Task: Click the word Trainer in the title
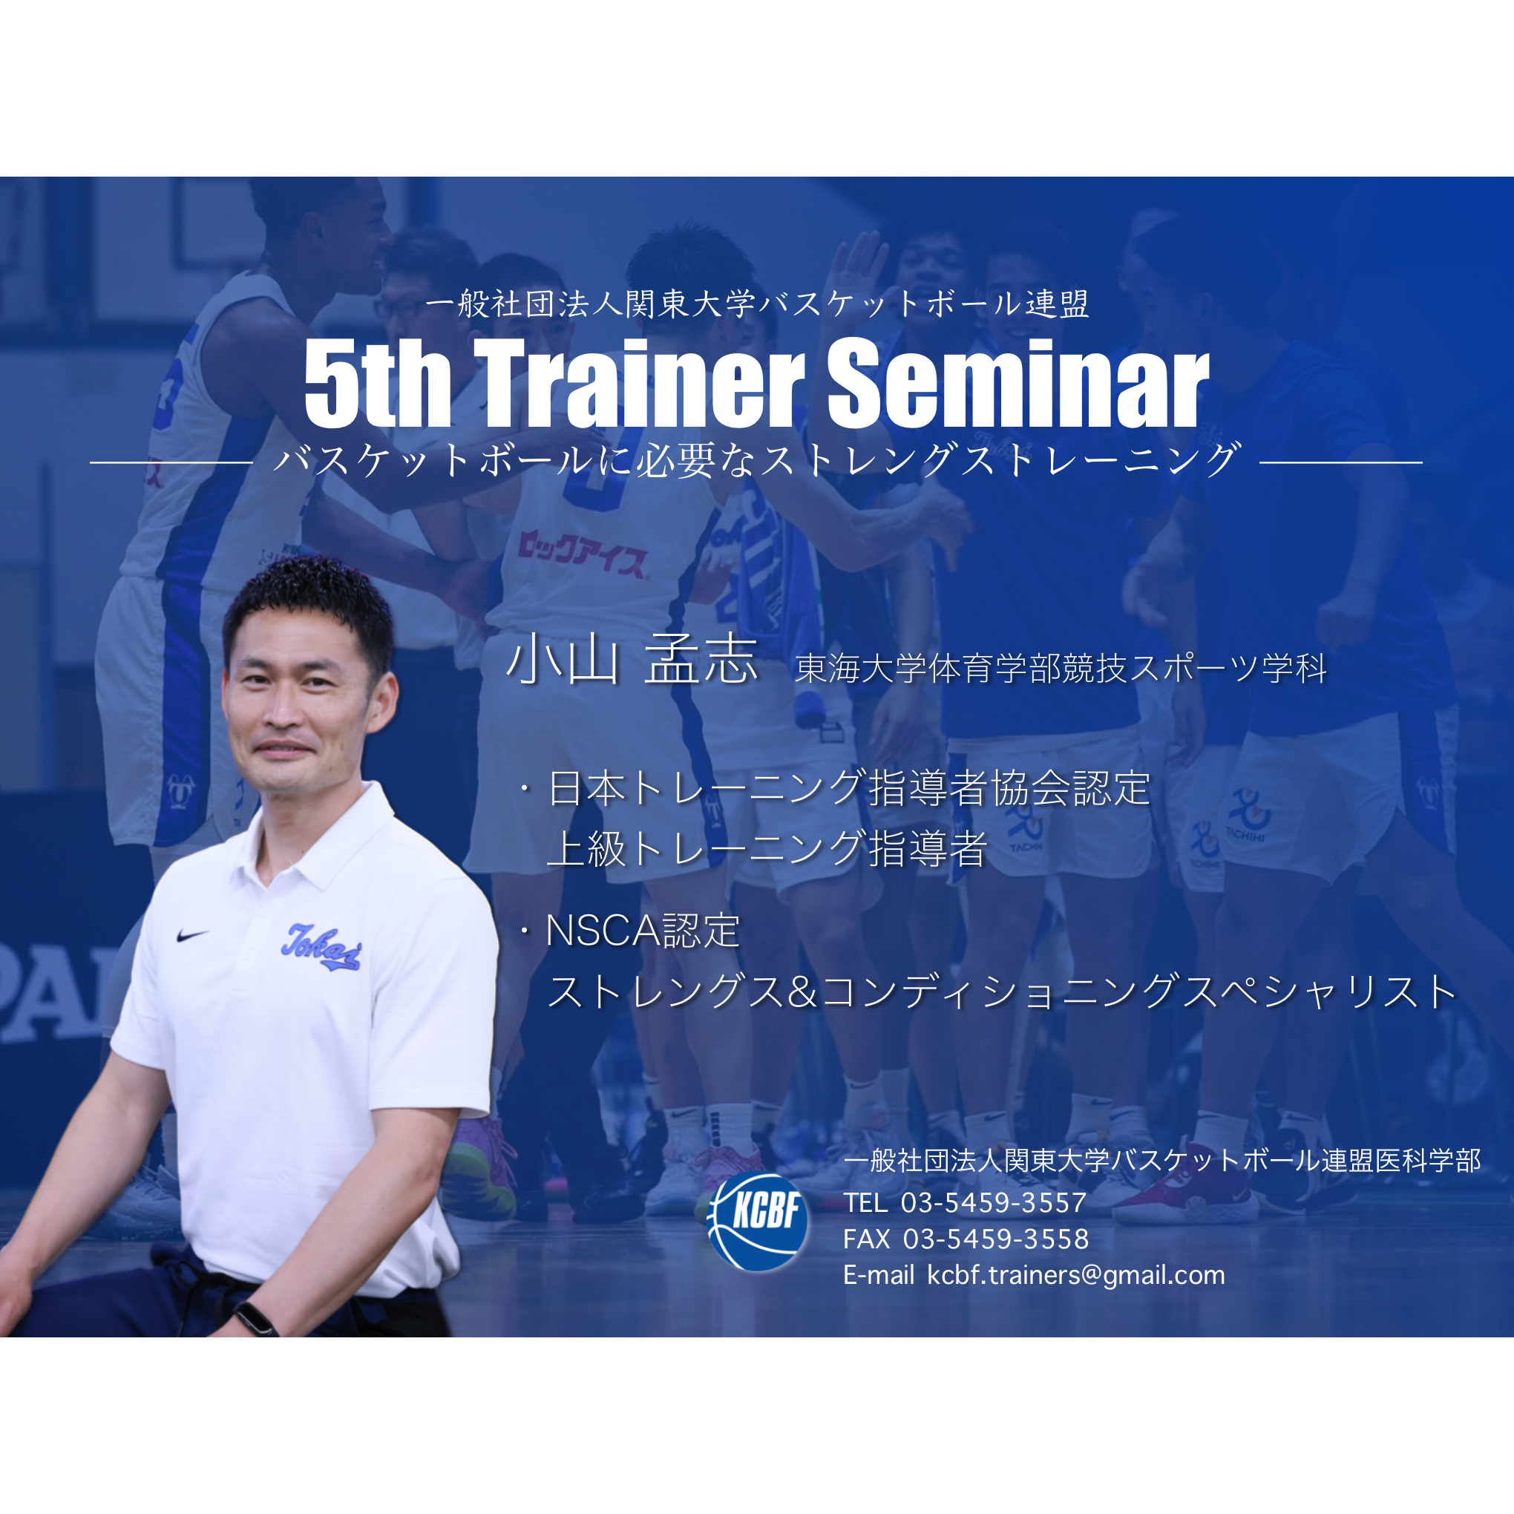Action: click(640, 384)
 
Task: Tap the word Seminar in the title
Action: click(1018, 384)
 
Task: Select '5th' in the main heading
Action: click(377, 384)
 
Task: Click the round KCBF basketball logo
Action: click(757, 1220)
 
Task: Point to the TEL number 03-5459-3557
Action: click(993, 1202)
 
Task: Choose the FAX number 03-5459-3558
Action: click(995, 1239)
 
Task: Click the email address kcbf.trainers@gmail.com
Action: click(1076, 1276)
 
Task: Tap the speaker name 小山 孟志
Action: click(632, 660)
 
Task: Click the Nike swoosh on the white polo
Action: click(192, 935)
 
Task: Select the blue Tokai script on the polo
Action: click(321, 947)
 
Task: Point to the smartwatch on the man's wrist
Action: click(255, 1317)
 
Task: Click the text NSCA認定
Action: click(643, 931)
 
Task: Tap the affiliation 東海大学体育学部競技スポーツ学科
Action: click(1061, 669)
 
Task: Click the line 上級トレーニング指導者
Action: click(767, 849)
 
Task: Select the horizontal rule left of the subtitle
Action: click(171, 462)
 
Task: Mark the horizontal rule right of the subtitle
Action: click(1341, 462)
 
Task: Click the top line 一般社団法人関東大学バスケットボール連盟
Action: click(757, 305)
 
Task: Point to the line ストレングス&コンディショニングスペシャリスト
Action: click(1001, 992)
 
